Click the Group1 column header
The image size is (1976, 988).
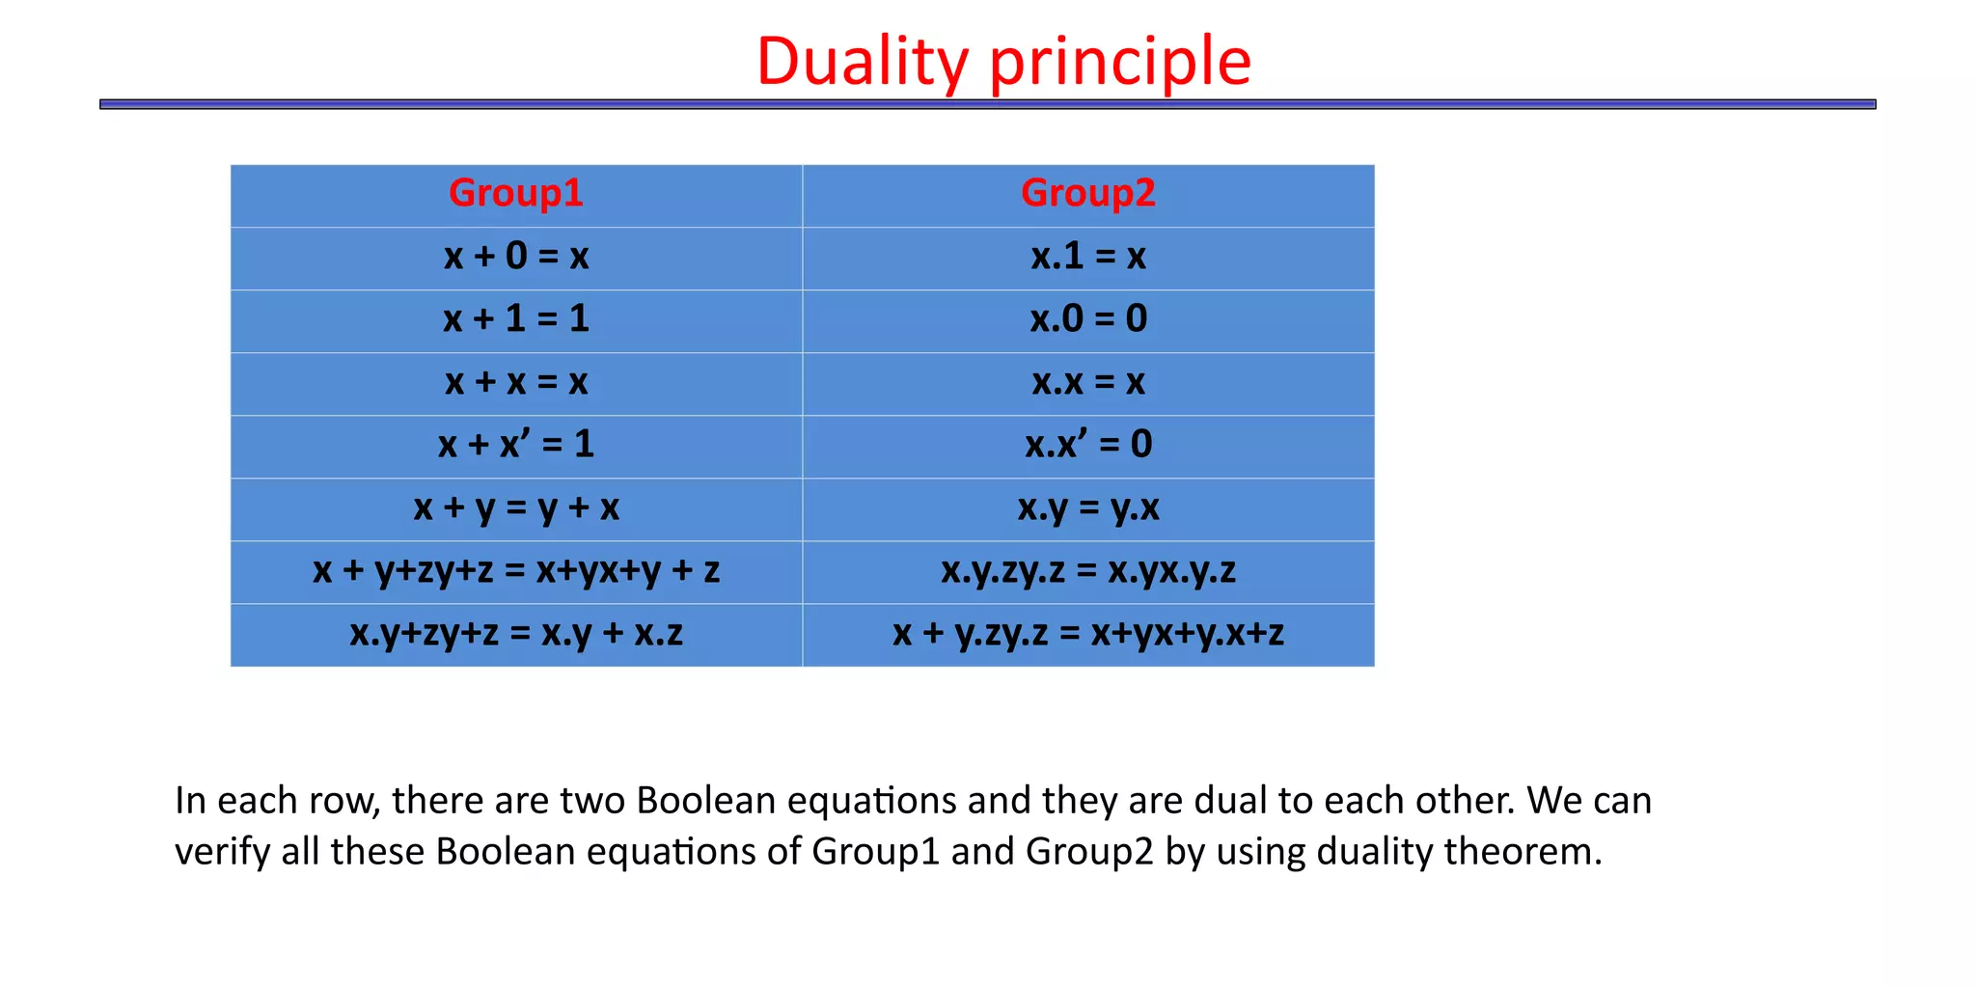click(516, 194)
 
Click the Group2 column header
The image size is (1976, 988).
click(1088, 194)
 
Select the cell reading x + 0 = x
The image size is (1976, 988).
click(516, 257)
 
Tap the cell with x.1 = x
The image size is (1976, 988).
click(1088, 257)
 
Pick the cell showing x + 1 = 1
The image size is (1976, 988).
click(516, 319)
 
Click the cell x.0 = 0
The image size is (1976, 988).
click(1088, 319)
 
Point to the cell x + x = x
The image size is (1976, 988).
click(516, 382)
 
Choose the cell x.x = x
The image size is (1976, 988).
click(1088, 382)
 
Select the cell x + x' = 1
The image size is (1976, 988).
click(516, 445)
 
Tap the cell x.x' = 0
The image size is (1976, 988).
click(1088, 445)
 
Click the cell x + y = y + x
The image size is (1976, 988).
click(516, 508)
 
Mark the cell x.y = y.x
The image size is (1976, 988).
click(1088, 508)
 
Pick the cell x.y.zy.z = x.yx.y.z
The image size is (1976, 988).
click(1088, 570)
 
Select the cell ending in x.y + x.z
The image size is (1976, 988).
click(516, 633)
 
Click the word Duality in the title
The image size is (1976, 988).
click(862, 62)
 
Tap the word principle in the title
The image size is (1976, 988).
click(1120, 62)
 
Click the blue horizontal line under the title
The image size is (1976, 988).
click(988, 104)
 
